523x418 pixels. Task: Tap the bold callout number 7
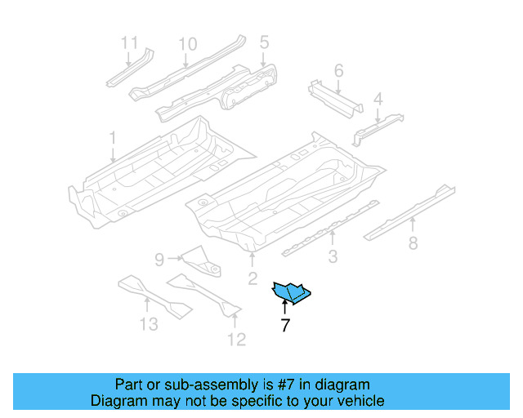(x=284, y=326)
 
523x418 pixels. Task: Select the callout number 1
(x=113, y=138)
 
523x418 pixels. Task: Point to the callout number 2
(x=253, y=280)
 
